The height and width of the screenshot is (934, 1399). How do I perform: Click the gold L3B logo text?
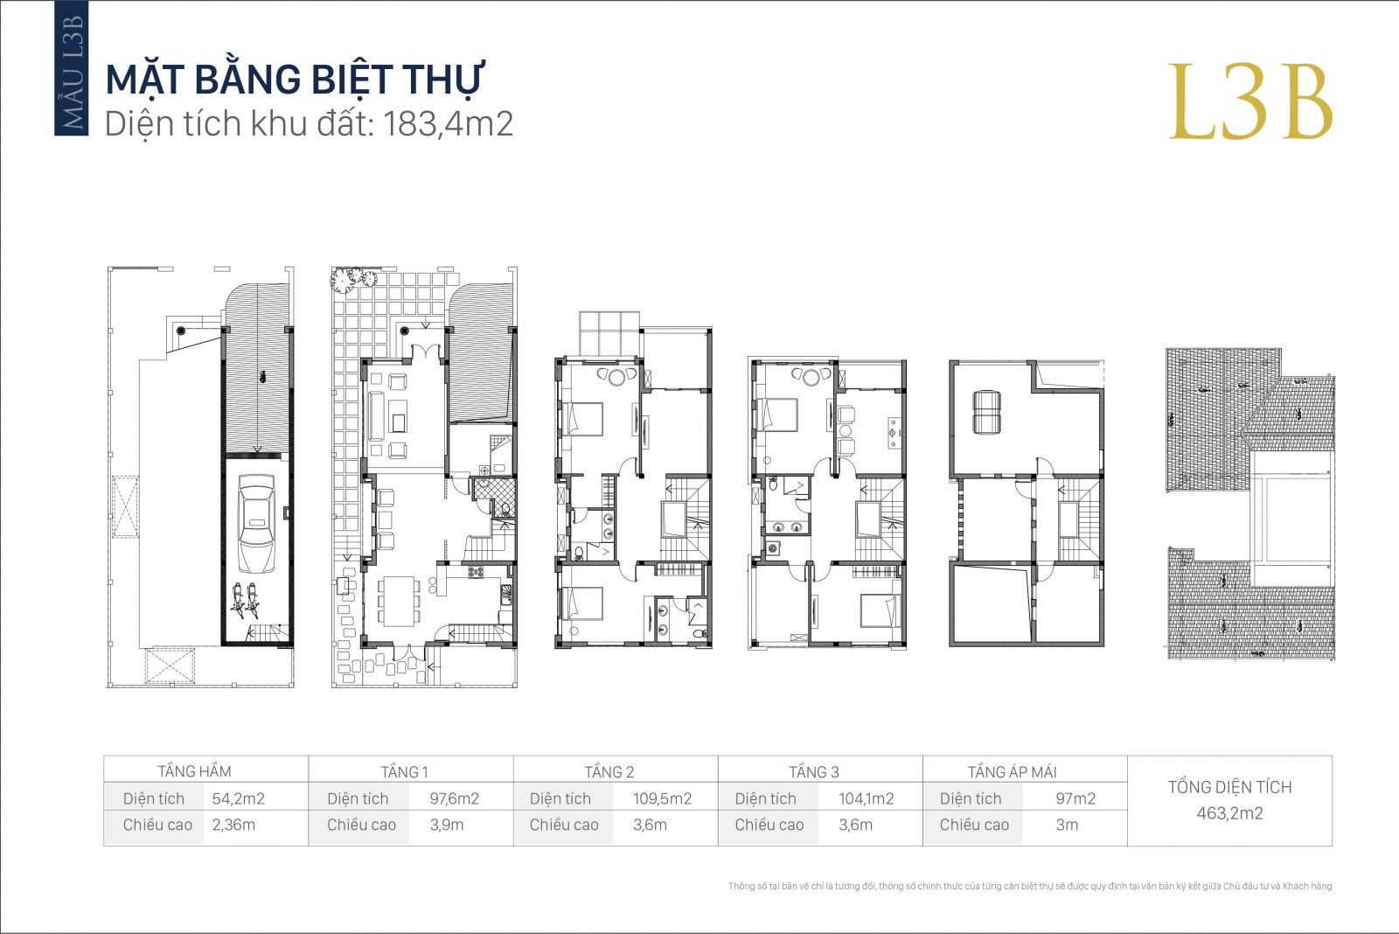coord(1250,101)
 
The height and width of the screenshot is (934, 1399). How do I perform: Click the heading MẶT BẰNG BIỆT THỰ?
coord(295,80)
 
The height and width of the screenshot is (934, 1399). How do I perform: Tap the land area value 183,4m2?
coord(448,123)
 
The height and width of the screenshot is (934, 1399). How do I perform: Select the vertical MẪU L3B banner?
coord(71,68)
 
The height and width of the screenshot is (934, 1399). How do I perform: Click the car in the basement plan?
coord(256,524)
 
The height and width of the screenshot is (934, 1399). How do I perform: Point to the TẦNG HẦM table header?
coord(194,771)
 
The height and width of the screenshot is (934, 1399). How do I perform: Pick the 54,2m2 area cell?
coord(238,798)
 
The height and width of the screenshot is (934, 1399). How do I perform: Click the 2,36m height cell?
coord(233,825)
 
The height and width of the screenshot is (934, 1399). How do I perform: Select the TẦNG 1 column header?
coord(404,771)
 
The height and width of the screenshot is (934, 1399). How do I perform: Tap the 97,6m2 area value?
coord(454,798)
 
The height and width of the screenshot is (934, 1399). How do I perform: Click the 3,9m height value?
coord(447,825)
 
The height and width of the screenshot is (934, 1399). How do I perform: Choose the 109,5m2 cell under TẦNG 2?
coord(662,798)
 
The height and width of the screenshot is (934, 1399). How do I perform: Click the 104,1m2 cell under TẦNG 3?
coord(866,798)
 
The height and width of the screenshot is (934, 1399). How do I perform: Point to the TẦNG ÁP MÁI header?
coord(1012,771)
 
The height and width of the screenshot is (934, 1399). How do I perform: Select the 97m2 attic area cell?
coord(1075,798)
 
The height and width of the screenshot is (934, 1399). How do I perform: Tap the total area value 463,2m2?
coord(1229,812)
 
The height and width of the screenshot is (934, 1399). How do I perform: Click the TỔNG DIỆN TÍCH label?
coord(1229,787)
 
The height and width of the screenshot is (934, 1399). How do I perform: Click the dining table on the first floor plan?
coord(399,601)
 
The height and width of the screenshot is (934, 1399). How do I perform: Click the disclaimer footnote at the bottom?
coord(1030,886)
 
